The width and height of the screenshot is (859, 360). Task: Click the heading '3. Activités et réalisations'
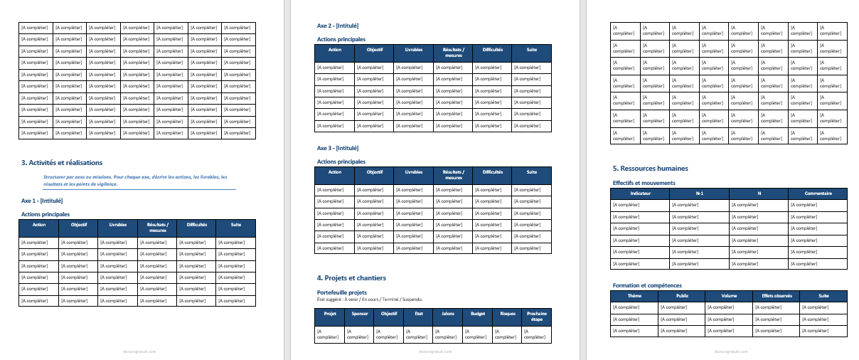tap(62, 163)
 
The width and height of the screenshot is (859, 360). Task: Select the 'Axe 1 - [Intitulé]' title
tap(47, 201)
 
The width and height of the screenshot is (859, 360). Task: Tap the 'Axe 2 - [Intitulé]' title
tap(338, 26)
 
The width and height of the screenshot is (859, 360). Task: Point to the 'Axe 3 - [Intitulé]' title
tap(338, 149)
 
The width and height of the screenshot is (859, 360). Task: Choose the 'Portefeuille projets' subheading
tap(342, 292)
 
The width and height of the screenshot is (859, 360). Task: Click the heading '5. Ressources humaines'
tap(650, 169)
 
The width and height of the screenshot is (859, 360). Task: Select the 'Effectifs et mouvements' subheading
tap(639, 183)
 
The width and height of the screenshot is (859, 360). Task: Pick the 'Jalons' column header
tap(448, 314)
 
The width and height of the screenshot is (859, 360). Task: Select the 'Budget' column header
tap(478, 314)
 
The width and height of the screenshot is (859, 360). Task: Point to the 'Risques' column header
tap(508, 314)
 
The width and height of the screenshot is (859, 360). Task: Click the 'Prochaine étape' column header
tap(537, 317)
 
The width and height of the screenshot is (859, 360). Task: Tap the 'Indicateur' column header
tap(641, 194)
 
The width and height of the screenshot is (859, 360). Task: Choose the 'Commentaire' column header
tap(818, 194)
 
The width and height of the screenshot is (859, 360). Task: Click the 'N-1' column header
tap(700, 194)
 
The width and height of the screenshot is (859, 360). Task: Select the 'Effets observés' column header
tap(777, 296)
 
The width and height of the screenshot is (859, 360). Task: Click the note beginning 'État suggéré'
tap(374, 300)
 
